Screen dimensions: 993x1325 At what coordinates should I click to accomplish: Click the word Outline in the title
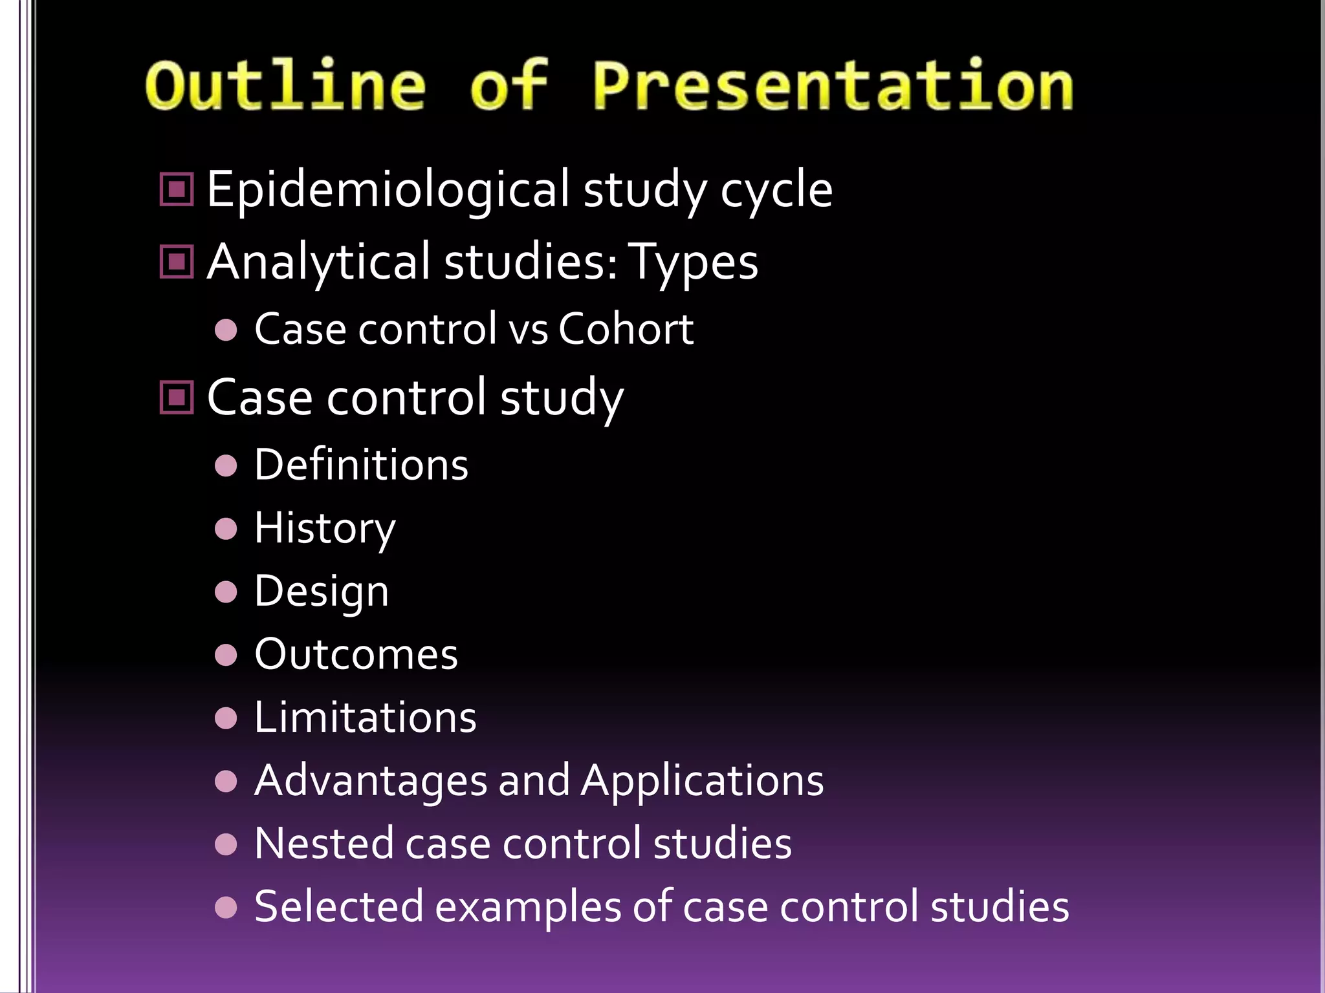pos(285,85)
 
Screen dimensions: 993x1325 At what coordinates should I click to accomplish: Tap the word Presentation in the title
pos(833,85)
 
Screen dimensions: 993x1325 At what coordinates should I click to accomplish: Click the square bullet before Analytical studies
pos(177,262)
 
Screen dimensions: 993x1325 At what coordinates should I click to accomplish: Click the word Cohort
pos(625,329)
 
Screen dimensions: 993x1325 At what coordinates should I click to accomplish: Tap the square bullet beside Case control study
pos(177,397)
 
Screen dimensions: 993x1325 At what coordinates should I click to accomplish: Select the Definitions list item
pos(361,465)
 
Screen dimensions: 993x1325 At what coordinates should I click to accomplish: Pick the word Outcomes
pos(356,654)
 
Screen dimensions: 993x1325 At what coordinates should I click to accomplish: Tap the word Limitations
pos(365,718)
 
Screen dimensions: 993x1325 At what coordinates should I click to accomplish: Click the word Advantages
pos(371,780)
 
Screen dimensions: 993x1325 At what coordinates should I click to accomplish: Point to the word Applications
pos(702,780)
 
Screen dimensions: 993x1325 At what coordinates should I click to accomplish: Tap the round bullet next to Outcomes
pos(226,655)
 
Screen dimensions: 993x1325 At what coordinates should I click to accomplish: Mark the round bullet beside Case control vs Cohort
pos(226,330)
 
